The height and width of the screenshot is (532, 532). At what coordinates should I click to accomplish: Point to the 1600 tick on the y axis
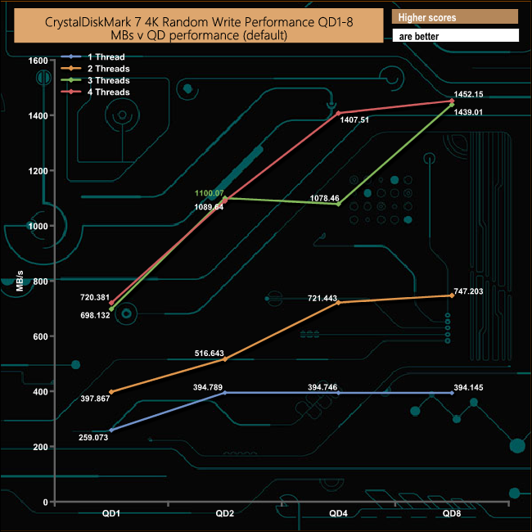[38, 61]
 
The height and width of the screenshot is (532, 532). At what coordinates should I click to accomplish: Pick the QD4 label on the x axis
[337, 513]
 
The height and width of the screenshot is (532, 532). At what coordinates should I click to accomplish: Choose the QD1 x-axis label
[110, 513]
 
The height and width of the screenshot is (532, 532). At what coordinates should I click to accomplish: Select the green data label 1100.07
[210, 193]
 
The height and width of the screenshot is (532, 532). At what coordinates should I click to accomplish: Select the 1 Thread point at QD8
[450, 393]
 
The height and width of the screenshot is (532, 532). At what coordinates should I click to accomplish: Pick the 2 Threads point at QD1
[110, 392]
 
